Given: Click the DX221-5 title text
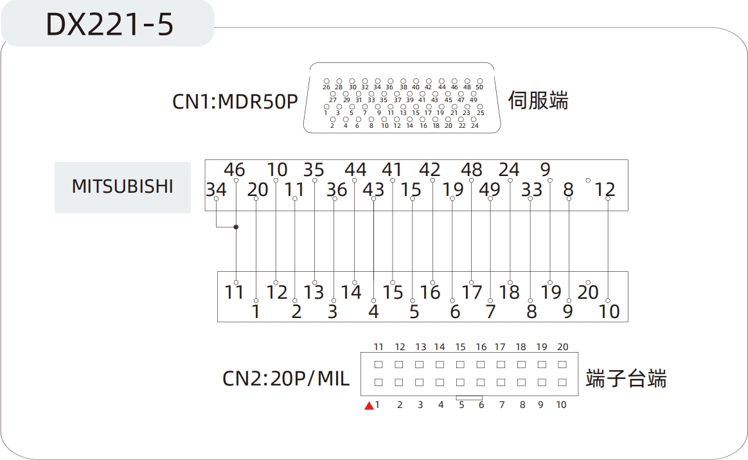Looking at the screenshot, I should click(x=110, y=24).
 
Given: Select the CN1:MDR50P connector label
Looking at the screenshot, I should click(x=235, y=102).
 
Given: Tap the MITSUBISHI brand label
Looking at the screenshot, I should click(x=122, y=186).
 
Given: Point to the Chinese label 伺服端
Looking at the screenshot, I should click(x=538, y=101).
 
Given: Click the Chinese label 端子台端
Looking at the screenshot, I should click(x=626, y=378).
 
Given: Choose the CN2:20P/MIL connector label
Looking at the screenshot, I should click(x=286, y=378).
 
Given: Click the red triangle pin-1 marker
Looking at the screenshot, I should click(x=369, y=405).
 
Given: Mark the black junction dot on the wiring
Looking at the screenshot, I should click(x=236, y=227).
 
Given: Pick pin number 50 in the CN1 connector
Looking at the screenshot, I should click(x=479, y=87).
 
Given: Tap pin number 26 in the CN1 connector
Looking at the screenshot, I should click(x=326, y=87).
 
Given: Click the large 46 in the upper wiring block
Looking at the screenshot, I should click(x=235, y=170).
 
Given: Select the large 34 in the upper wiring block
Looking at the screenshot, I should click(x=216, y=190).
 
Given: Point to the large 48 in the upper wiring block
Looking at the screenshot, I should click(x=472, y=170).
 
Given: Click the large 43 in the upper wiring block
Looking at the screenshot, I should click(x=373, y=190).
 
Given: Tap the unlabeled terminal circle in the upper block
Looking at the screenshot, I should click(x=588, y=180).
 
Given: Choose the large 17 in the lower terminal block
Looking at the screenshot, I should click(x=472, y=292).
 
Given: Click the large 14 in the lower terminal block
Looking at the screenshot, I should click(x=352, y=292).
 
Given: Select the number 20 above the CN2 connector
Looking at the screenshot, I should click(x=562, y=347).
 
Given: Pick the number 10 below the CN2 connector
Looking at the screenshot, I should click(x=561, y=405).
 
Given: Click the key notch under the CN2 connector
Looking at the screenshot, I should click(x=469, y=398).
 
